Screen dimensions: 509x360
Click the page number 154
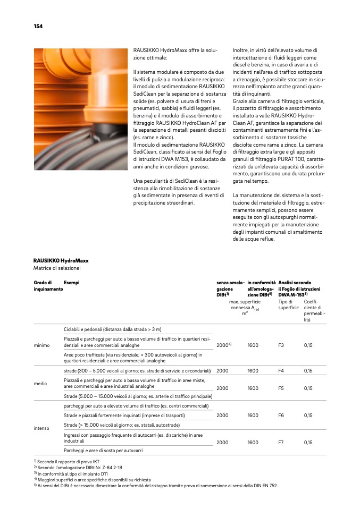(x=38, y=26)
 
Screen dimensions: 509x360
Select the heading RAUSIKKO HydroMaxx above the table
(x=61, y=261)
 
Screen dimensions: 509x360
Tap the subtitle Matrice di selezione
(x=57, y=268)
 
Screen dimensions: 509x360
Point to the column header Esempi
(x=71, y=283)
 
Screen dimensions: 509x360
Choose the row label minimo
(x=41, y=345)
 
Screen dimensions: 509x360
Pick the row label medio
(x=40, y=383)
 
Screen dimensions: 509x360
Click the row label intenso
(x=42, y=427)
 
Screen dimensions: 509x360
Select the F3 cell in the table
(x=281, y=345)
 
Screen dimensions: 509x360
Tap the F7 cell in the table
(x=281, y=442)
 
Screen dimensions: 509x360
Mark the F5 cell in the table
(x=281, y=388)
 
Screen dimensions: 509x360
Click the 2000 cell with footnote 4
(x=224, y=345)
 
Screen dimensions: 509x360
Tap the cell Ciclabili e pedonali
(x=112, y=329)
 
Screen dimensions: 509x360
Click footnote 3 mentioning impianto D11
(x=70, y=473)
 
